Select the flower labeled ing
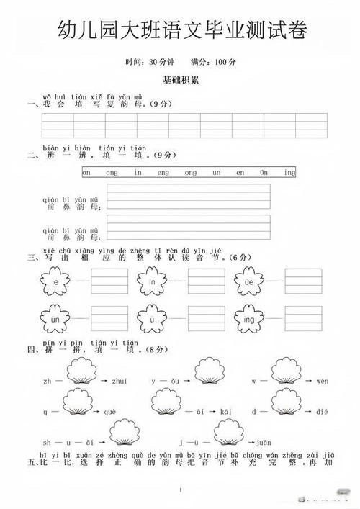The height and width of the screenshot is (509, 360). pos(249,317)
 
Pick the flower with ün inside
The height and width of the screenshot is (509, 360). pos(55,317)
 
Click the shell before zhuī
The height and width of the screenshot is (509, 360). pos(81,373)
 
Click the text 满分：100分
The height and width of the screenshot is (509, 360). pos(214,63)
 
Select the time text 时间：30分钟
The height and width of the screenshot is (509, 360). pos(146,63)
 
